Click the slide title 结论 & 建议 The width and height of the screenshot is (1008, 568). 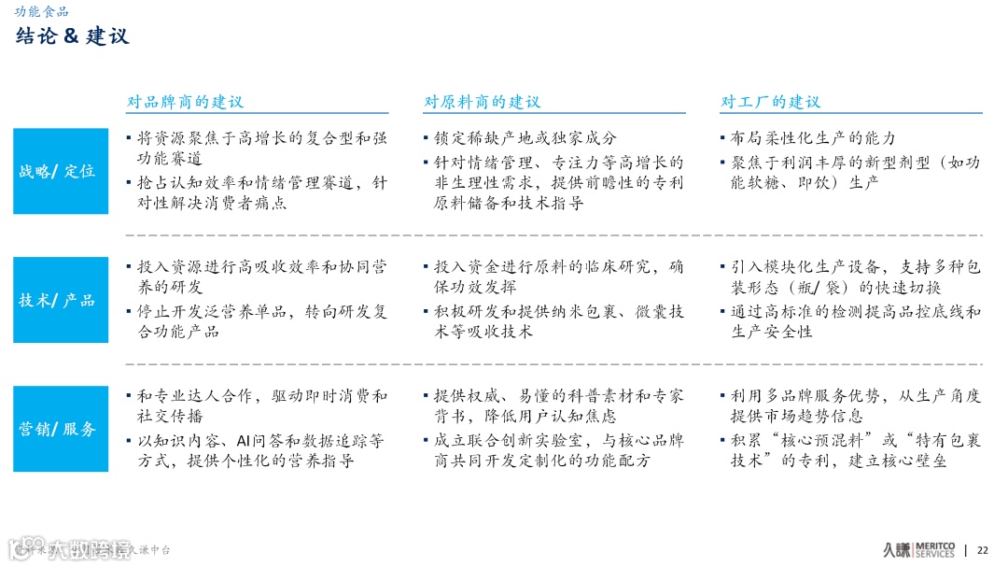(x=72, y=36)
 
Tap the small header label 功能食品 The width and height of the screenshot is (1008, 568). (x=41, y=11)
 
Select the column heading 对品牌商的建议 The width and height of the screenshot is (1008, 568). (x=185, y=102)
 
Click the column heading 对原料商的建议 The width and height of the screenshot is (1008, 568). (x=482, y=102)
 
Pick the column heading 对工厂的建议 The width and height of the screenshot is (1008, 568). (x=770, y=102)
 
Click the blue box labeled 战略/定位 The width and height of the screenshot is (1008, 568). (x=61, y=172)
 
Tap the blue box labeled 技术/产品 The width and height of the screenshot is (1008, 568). (x=61, y=300)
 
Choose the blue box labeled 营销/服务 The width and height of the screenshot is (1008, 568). (x=61, y=429)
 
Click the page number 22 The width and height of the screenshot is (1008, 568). (x=982, y=549)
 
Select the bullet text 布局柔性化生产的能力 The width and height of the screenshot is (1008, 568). (x=813, y=137)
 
